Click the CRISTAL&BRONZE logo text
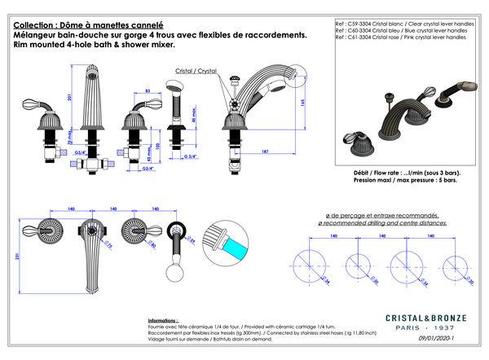click(x=425, y=318)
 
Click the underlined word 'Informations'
click(x=164, y=321)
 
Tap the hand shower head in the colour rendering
click(x=462, y=85)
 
